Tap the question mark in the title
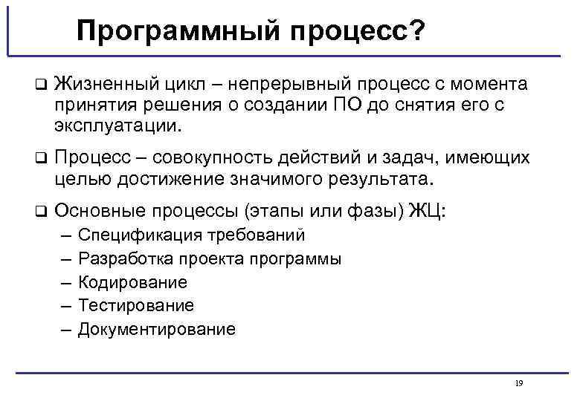[x=418, y=31]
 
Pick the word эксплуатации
[x=117, y=125]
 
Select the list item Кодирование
[x=132, y=282]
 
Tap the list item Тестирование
[x=136, y=305]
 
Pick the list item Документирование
[x=156, y=329]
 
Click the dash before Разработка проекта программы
[x=62, y=259]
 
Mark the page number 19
[x=518, y=383]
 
